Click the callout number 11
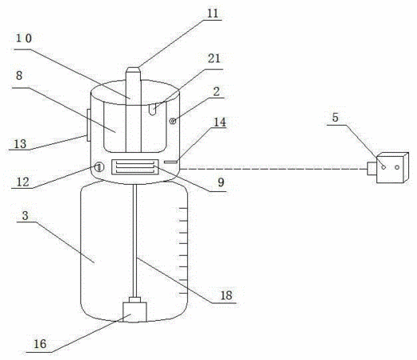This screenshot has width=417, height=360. (213, 14)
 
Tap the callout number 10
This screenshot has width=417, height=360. (24, 38)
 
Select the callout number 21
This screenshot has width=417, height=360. (214, 58)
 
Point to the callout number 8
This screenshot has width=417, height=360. (19, 75)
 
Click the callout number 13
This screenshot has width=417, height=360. (20, 144)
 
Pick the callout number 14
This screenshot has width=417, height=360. (220, 122)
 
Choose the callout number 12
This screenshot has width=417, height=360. (22, 182)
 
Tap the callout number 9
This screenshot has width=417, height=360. (221, 182)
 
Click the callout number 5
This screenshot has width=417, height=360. (335, 118)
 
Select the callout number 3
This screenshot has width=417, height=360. (25, 215)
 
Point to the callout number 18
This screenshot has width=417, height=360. (227, 295)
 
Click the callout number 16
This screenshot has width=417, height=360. (40, 344)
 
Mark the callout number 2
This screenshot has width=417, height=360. (216, 92)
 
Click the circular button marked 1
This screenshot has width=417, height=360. (98, 168)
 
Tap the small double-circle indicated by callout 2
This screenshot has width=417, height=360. (173, 122)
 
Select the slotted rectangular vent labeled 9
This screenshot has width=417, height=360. (135, 167)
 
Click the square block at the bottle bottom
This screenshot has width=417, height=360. (134, 312)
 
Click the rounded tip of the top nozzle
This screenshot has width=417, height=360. (133, 69)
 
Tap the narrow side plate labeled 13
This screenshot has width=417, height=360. (89, 125)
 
